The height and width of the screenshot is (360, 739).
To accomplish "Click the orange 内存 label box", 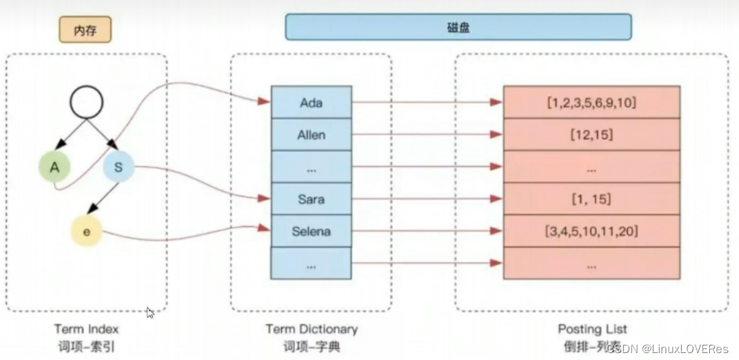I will point(85,30).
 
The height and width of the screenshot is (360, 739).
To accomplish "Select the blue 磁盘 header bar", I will point(458,27).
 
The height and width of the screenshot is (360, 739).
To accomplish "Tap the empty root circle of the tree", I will point(86,102).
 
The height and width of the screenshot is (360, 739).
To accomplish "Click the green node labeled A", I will point(54,166).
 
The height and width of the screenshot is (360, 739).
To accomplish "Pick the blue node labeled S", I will point(118,166).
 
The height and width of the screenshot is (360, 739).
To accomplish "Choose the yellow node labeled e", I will point(86,232).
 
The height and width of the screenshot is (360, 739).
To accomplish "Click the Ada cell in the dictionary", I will point(311,102).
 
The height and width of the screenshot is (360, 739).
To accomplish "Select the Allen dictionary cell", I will point(311,134).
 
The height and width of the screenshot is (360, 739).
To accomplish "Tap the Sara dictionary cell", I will point(311,199).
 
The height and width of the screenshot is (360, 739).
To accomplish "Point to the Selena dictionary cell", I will point(311,231).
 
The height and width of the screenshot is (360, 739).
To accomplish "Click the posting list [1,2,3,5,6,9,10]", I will point(591,102).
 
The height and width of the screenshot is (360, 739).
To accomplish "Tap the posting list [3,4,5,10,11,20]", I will point(591,231).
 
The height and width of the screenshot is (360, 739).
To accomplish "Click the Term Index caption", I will point(86,330).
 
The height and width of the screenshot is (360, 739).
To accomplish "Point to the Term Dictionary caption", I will point(312,330).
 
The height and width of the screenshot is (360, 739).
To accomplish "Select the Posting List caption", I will point(592,330).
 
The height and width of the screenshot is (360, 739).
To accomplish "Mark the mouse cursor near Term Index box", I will point(150,312).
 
